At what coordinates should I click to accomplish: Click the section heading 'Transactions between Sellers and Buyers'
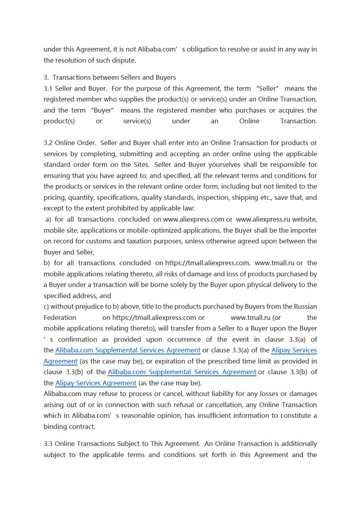[114, 77]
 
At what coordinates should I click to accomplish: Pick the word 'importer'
[303, 230]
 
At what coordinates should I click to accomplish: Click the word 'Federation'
[60, 318]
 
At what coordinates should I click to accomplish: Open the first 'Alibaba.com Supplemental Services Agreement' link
[128, 350]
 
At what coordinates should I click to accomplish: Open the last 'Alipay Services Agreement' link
[96, 383]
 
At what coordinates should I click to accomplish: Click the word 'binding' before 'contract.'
[55, 427]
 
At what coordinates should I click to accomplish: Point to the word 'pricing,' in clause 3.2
[55, 197]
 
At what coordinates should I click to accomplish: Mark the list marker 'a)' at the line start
[48, 219]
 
